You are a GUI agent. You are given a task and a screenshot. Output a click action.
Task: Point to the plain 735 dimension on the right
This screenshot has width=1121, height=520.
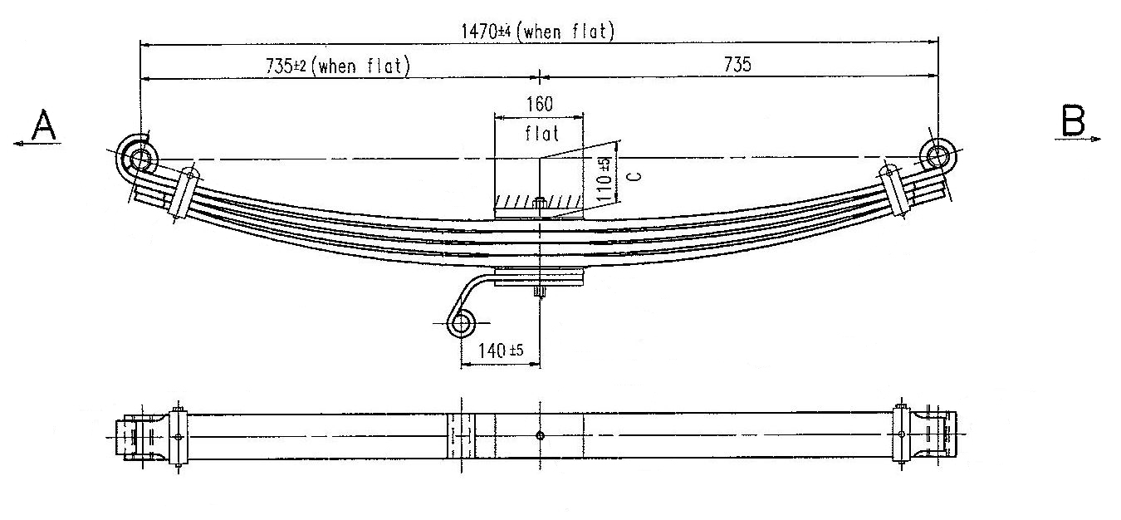(x=737, y=66)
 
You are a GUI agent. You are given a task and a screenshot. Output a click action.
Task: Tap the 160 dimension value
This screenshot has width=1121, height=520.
(x=538, y=105)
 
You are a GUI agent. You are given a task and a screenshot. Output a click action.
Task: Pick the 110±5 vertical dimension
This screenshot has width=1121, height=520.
(x=605, y=174)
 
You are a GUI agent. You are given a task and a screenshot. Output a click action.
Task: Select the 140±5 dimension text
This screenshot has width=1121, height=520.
(x=497, y=351)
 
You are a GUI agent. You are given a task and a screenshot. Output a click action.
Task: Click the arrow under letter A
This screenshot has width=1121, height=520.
(x=37, y=144)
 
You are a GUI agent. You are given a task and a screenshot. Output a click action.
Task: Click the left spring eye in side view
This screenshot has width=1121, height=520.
(x=136, y=156)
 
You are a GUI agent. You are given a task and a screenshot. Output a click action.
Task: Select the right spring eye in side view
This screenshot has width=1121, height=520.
(x=937, y=156)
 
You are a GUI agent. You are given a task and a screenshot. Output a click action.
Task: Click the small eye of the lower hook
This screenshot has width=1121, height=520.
(x=462, y=323)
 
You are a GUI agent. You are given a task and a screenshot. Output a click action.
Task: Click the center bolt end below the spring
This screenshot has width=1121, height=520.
(x=539, y=291)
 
